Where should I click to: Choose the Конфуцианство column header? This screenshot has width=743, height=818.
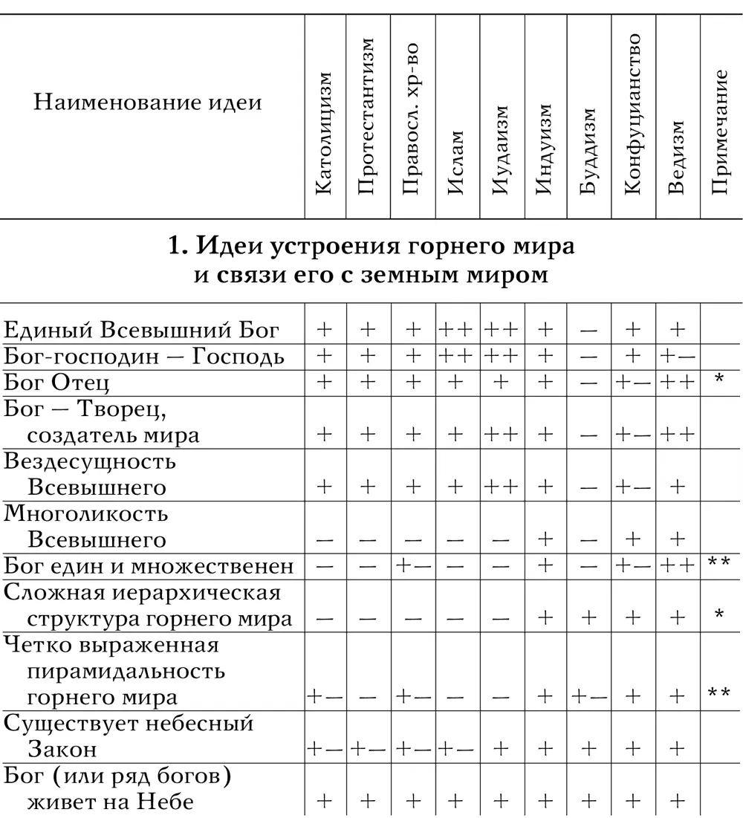[632, 114]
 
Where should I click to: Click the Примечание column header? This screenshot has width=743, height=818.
[719, 132]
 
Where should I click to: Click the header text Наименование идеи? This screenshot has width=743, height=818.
[148, 102]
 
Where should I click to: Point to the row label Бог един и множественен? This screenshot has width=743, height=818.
[149, 566]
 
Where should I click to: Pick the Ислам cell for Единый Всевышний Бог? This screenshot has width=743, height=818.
[457, 330]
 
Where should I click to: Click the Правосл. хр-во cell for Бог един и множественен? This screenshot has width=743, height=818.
[412, 566]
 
